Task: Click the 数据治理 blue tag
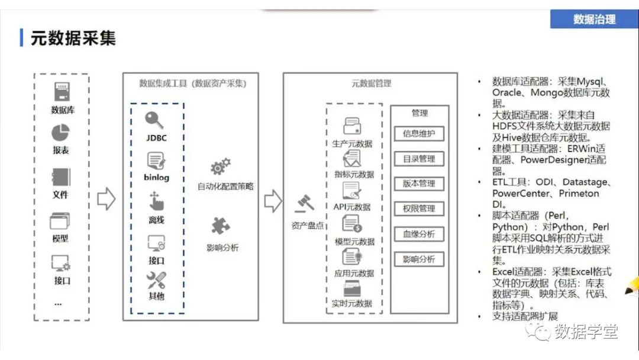coord(594,19)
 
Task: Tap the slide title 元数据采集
coord(73,38)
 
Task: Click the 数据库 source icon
coord(62,92)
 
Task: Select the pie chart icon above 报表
coord(61,133)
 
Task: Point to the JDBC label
coord(156,138)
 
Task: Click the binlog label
coord(156,178)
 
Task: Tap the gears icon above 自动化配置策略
coord(221,166)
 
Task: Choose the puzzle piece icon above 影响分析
coord(221,226)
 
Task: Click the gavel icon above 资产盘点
coord(305,204)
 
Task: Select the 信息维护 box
coord(419,134)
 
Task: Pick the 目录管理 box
coord(419,159)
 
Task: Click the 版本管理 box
coord(419,184)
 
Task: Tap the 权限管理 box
coord(419,209)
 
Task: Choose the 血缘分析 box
coord(419,234)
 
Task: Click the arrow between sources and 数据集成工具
coord(106,199)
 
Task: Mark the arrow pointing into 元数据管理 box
coord(273,201)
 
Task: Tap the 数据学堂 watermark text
coord(586,332)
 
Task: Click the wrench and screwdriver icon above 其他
coord(156,280)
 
